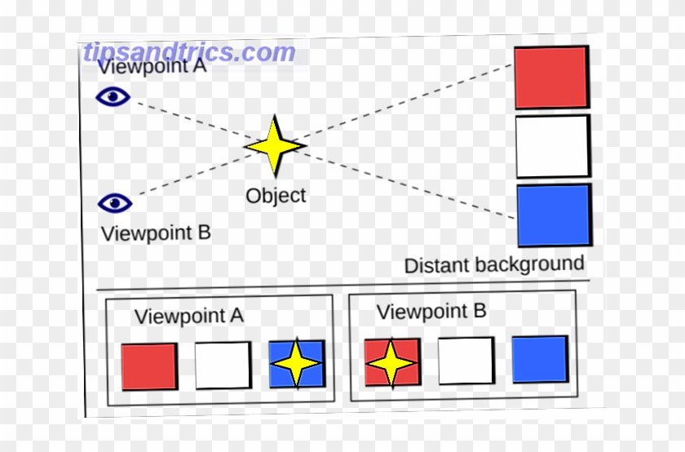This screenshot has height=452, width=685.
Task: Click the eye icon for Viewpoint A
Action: pyautogui.click(x=113, y=97)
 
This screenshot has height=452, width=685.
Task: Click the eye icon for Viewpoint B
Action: pyautogui.click(x=115, y=202)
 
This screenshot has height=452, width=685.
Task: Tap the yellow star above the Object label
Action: pyautogui.click(x=275, y=145)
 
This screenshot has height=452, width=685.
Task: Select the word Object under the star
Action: pyautogui.click(x=276, y=196)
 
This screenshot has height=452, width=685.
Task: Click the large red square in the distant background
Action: pyautogui.click(x=550, y=78)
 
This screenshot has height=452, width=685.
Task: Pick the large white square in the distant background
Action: pyautogui.click(x=552, y=146)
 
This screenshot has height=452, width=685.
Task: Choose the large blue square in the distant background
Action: pyautogui.click(x=555, y=215)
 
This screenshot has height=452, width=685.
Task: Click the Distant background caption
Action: pyautogui.click(x=494, y=264)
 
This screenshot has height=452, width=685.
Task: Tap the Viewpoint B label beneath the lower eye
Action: pyautogui.click(x=156, y=233)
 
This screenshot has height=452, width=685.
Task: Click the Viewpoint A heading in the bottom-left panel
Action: pyautogui.click(x=189, y=317)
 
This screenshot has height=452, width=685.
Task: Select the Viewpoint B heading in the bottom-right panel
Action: pyautogui.click(x=431, y=312)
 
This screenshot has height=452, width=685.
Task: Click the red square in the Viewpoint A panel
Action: pyautogui.click(x=149, y=366)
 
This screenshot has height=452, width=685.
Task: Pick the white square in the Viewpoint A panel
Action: pyautogui.click(x=223, y=365)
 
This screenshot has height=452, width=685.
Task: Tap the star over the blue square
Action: pyautogui.click(x=297, y=364)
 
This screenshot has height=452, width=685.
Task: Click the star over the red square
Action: pyautogui.click(x=391, y=361)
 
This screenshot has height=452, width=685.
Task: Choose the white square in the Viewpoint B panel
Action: pyautogui.click(x=466, y=360)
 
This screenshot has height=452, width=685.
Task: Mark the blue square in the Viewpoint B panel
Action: pyautogui.click(x=539, y=358)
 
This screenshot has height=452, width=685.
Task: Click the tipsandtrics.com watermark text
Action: pyautogui.click(x=188, y=52)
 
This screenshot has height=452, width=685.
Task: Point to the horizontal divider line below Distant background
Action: pyautogui.click(x=342, y=286)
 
